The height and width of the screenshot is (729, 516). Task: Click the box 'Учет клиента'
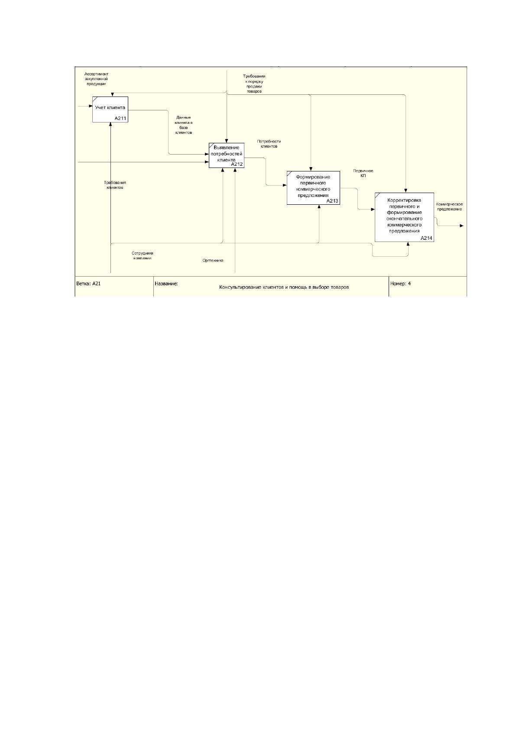point(110,110)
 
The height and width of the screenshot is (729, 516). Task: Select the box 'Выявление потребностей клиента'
point(227,155)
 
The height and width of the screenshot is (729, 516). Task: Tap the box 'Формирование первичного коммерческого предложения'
point(313,188)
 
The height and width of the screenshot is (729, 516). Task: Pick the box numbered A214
point(404,217)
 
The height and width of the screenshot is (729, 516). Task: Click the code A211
point(120,119)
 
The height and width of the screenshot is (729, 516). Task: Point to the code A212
point(237,165)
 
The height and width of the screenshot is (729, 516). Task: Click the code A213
point(332,201)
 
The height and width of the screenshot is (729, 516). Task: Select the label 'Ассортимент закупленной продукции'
point(96,79)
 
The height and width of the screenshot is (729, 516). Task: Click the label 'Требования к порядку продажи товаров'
point(254,84)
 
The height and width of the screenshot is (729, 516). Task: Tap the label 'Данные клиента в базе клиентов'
point(184,125)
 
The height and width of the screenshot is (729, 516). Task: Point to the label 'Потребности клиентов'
point(269,144)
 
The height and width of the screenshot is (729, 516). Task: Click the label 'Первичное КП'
point(363,173)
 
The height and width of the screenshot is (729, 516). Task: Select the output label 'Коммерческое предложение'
point(450,206)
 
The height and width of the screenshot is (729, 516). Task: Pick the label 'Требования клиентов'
point(115,185)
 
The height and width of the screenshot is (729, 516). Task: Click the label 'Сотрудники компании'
point(143,255)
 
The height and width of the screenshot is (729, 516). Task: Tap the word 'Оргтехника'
point(213,260)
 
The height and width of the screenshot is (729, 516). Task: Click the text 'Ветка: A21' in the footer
point(89,284)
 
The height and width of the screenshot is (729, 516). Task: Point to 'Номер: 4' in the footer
point(400,284)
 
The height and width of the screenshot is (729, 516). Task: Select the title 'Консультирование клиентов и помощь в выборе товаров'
point(284,287)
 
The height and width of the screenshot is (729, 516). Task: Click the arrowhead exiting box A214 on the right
point(461,226)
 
